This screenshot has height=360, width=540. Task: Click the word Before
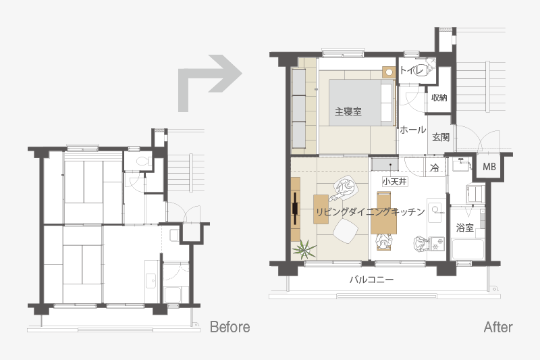(x=230, y=327)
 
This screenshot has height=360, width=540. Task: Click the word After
(x=498, y=327)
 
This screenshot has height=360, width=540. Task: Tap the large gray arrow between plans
(x=209, y=83)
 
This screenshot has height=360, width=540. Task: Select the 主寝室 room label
(x=348, y=111)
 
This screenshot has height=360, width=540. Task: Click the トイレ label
(x=413, y=70)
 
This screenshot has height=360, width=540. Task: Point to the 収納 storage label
(x=439, y=98)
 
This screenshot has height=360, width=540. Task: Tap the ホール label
(x=412, y=130)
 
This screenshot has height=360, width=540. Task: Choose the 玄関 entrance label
(x=441, y=137)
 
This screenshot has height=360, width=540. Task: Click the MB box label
(x=489, y=167)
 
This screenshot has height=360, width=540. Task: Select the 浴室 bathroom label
(x=464, y=228)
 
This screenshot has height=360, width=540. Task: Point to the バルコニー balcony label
(x=371, y=279)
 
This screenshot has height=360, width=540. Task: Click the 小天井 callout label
(x=395, y=181)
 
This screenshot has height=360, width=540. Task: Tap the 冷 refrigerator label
(x=435, y=168)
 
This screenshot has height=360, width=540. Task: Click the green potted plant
(x=303, y=249)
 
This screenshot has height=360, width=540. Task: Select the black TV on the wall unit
(x=296, y=209)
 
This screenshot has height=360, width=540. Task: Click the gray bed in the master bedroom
(x=362, y=103)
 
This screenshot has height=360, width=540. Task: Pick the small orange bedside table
(x=389, y=72)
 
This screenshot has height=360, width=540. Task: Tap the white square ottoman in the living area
(x=344, y=231)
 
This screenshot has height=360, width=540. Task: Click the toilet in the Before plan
(x=142, y=161)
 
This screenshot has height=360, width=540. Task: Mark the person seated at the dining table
(x=383, y=242)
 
